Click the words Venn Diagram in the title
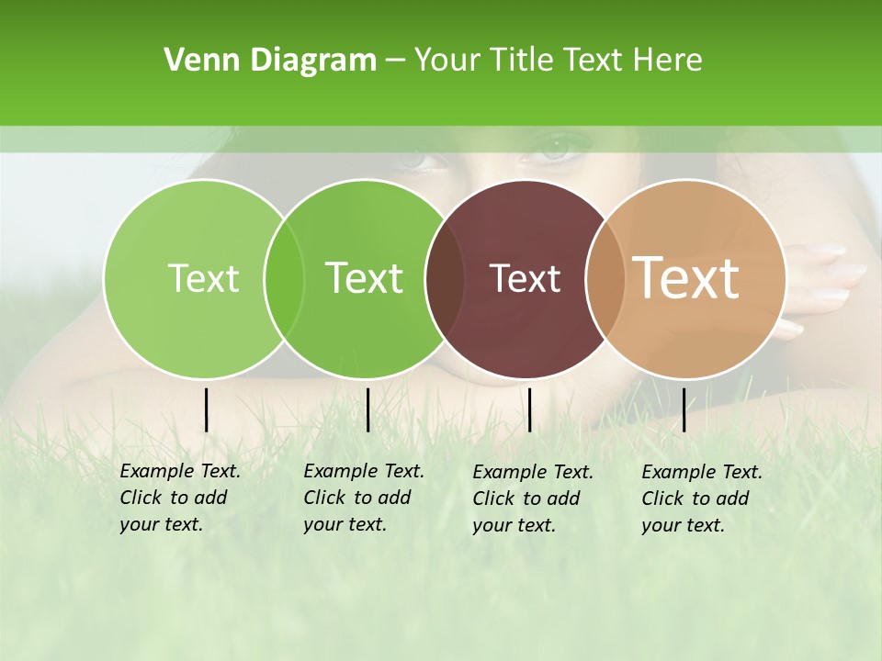[x=270, y=61]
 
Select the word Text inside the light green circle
[x=203, y=278]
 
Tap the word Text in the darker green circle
[x=364, y=278]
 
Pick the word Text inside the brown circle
[x=525, y=278]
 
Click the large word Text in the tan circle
[x=686, y=277]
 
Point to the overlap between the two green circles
[x=284, y=279]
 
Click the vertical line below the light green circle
[x=206, y=409]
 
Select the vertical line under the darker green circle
[x=367, y=409]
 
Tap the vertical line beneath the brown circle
[x=529, y=409]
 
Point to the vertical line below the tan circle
[x=684, y=409]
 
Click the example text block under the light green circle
[x=180, y=498]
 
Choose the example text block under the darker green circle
[x=364, y=498]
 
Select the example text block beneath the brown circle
[x=533, y=499]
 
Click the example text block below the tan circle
[x=702, y=499]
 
